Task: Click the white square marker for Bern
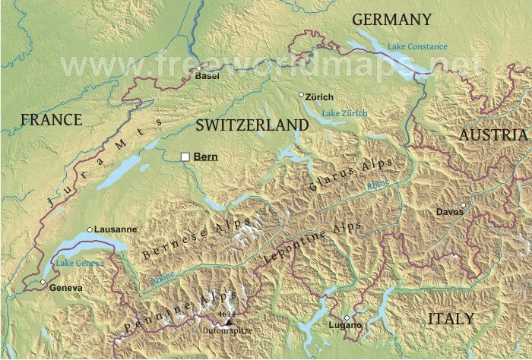tap(185, 156)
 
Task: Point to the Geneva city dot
tap(43, 283)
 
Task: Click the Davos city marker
tap(463, 204)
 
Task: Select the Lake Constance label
tap(417, 46)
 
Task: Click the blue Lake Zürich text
tap(344, 113)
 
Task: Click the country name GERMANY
tap(392, 19)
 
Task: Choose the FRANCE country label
tap(51, 119)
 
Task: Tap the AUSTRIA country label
tap(492, 134)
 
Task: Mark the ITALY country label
tap(450, 318)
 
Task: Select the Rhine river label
tap(378, 185)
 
